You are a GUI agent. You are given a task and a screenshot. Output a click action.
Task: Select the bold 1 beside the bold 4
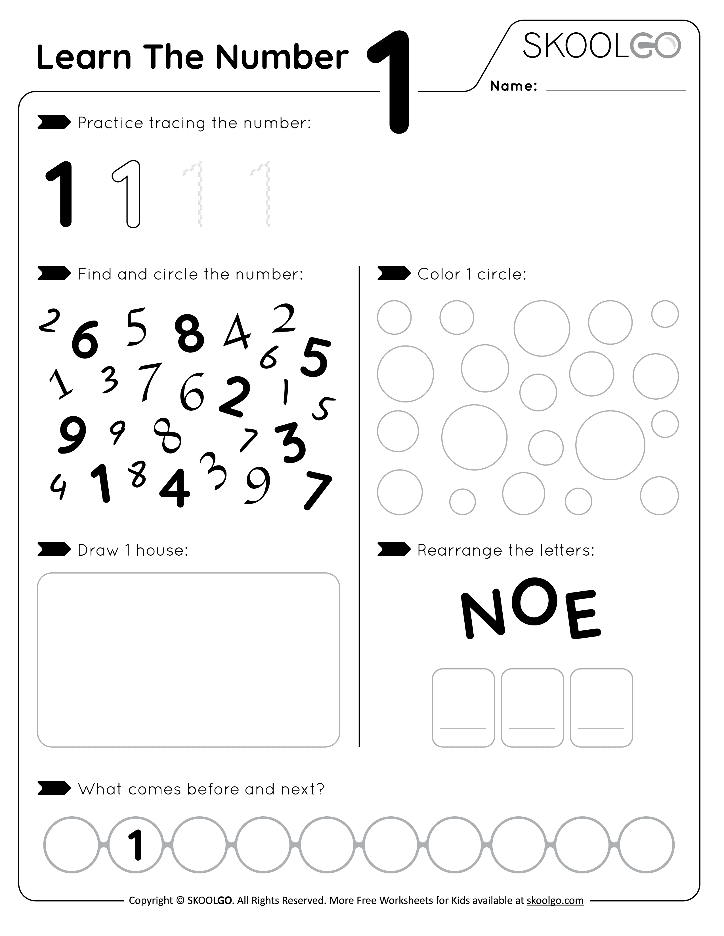[x=101, y=483]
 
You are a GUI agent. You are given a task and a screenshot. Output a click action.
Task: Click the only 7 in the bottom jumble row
[x=317, y=490]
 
